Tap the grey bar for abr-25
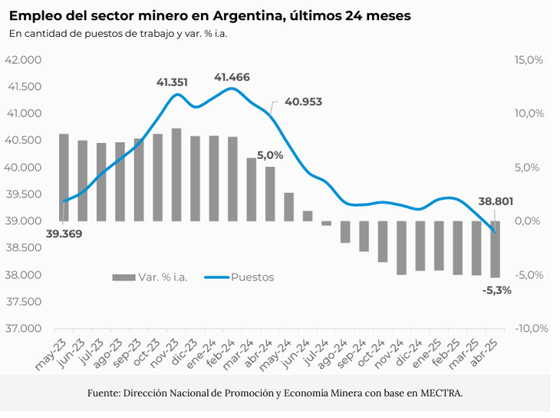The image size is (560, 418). [496, 249]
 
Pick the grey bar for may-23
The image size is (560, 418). [64, 177]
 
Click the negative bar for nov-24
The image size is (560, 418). [401, 247]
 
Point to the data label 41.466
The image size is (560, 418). [232, 77]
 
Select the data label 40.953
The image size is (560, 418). [303, 101]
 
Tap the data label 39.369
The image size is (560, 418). [64, 234]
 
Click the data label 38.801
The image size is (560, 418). [496, 201]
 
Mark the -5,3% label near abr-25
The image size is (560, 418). [497, 290]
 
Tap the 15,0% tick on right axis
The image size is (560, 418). [529, 60]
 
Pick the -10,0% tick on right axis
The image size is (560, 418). [528, 329]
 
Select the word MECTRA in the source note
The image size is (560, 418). [441, 393]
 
